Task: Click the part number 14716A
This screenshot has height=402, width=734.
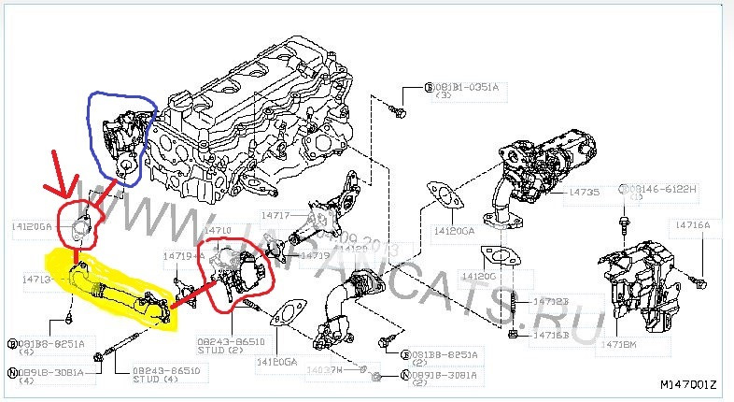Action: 691,225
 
